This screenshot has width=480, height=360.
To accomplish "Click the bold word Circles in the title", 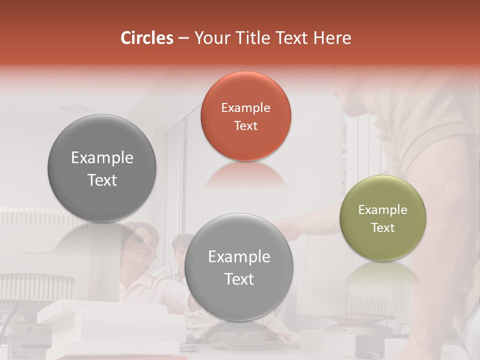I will pos(147,38).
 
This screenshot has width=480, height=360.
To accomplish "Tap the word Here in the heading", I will pos(333,38).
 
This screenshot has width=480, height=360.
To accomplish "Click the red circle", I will pos(245,116).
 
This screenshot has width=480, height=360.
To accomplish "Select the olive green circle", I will pos(382,218).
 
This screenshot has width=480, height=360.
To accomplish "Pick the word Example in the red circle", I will pos(245,107).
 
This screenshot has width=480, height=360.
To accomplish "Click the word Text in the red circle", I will pos(245,125).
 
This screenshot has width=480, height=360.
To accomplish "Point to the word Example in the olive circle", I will pos(382,209).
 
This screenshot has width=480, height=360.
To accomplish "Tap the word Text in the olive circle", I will pos(382,227).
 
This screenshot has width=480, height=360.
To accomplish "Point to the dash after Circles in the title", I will pos(183,38).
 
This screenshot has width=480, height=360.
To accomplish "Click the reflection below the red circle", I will pos(245,175).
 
